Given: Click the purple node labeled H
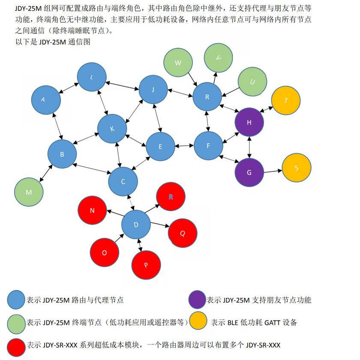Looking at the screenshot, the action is [x=249, y=122].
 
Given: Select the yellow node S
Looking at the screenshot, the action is [x=297, y=168].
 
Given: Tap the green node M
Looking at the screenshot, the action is [x=29, y=192].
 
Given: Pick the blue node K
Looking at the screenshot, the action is [x=112, y=129].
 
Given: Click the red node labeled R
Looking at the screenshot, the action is [x=171, y=197].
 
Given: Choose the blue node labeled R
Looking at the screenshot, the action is [x=207, y=97].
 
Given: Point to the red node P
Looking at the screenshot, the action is [x=146, y=265].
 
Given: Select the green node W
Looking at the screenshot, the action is [x=178, y=63].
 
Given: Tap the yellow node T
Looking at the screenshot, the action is [x=286, y=100].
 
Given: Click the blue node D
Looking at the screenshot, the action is [x=136, y=225].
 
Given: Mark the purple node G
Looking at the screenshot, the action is [x=249, y=172].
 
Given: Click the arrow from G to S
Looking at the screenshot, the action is [x=273, y=171].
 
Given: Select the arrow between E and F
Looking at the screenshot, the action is [x=184, y=146].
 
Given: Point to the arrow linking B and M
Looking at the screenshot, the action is [x=46, y=173].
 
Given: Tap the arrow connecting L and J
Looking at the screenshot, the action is [x=123, y=85].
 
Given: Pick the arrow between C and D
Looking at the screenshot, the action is [x=131, y=202].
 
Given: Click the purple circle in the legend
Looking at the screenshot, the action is [x=197, y=300].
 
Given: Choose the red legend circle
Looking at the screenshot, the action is [x=16, y=347].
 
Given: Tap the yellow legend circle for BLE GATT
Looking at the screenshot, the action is [x=198, y=321].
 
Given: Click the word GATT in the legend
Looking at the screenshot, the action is [x=272, y=323].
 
